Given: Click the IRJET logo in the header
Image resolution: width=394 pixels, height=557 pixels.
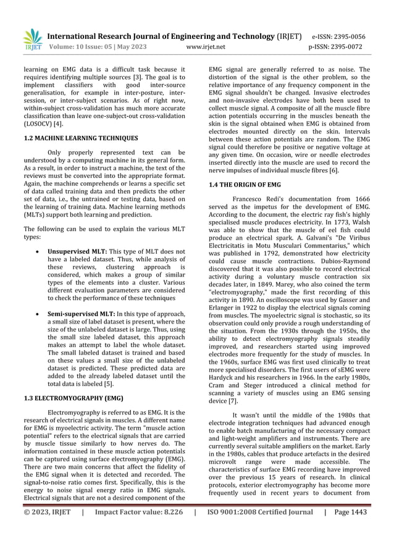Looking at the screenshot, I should [x=32, y=39].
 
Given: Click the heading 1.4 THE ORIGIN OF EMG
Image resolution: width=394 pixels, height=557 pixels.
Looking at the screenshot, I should [x=245, y=184].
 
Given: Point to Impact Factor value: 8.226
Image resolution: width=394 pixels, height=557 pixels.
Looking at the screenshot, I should [x=139, y=512].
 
